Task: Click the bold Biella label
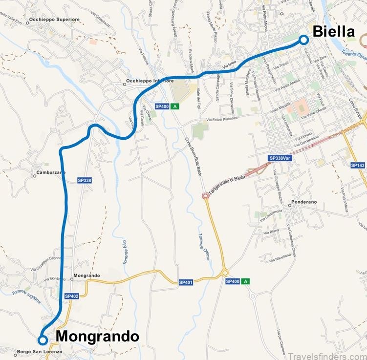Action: [x=333, y=32]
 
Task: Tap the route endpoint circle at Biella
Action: [x=303, y=40]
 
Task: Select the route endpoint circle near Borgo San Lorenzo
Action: [x=43, y=340]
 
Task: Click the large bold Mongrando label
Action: [x=97, y=337]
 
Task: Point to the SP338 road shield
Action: [x=85, y=180]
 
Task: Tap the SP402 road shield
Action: [x=71, y=296]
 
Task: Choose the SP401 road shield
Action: [x=186, y=282]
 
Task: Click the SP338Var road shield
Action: [x=280, y=158]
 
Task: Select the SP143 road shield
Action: [x=358, y=166]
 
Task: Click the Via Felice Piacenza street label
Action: [x=221, y=118]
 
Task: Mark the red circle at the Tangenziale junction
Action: [x=205, y=196]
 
